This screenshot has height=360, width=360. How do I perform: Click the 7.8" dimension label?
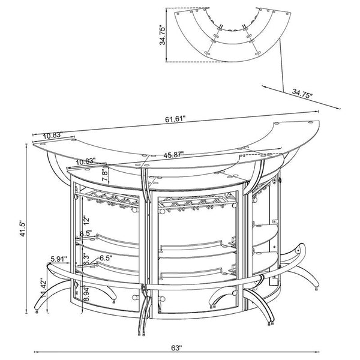pyautogui.click(x=106, y=175)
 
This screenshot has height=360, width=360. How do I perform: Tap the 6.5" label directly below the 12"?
pyautogui.click(x=85, y=233)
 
